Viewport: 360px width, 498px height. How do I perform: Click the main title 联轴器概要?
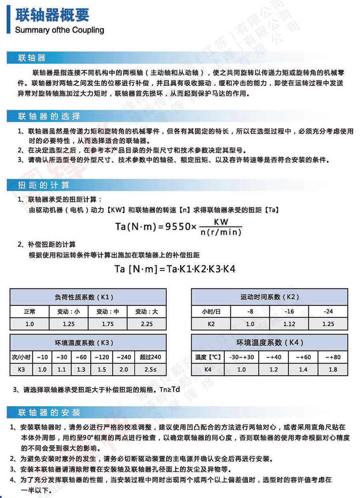click(52, 15)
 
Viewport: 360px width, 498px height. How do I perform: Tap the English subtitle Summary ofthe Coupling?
click(59, 30)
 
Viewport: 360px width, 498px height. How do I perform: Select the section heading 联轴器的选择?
click(49, 117)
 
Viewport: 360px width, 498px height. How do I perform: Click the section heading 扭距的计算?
click(44, 185)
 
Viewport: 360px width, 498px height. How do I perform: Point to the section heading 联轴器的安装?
click(49, 412)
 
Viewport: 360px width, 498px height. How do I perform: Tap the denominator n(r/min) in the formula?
click(221, 232)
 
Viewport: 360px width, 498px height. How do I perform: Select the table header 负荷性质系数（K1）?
click(88, 297)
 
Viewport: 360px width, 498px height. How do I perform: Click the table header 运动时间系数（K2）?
click(270, 297)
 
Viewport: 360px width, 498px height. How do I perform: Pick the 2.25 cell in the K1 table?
click(146, 324)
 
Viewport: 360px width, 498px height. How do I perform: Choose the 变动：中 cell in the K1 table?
click(108, 311)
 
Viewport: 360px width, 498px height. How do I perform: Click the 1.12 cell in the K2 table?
click(289, 324)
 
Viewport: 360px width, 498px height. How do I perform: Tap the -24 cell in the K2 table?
click(328, 311)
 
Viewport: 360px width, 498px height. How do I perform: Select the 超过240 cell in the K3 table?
click(150, 357)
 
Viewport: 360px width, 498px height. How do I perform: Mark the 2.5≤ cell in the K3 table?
click(150, 370)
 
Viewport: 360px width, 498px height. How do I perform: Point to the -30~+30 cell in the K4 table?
click(241, 357)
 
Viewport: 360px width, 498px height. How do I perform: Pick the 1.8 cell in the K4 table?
click(332, 370)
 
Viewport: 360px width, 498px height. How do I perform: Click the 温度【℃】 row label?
click(208, 357)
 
